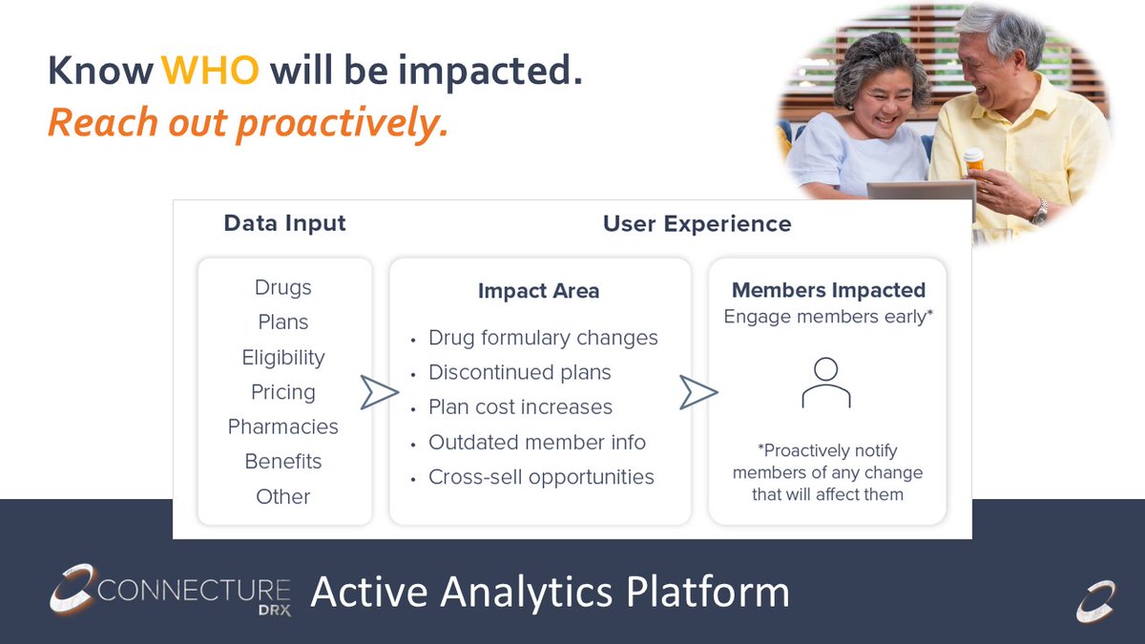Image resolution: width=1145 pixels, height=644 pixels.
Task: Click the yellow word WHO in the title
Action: click(210, 70)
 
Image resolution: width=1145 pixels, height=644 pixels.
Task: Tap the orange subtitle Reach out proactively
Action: click(248, 123)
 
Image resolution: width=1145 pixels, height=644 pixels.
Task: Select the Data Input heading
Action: click(284, 223)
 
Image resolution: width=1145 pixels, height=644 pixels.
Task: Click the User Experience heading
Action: click(697, 224)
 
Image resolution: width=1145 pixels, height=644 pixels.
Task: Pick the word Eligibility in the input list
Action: click(283, 358)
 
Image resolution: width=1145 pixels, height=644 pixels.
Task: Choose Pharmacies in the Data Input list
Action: click(283, 426)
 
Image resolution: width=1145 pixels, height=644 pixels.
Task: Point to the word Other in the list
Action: click(283, 496)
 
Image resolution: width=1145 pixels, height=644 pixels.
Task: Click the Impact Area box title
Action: click(539, 291)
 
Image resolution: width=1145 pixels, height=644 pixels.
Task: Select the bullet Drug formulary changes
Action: click(543, 338)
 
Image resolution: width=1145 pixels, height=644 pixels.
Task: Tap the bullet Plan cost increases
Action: click(520, 407)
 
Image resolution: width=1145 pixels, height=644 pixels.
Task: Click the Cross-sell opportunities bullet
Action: click(541, 477)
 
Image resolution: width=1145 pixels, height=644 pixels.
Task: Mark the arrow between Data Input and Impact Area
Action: click(380, 392)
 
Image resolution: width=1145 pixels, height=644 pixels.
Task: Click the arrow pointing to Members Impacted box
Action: click(698, 392)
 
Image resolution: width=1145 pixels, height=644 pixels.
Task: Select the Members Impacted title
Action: click(828, 290)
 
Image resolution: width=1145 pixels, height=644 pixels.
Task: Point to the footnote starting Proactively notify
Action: click(827, 472)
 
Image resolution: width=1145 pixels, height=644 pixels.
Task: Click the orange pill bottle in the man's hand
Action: click(974, 159)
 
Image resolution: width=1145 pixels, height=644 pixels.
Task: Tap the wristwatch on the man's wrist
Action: click(1039, 211)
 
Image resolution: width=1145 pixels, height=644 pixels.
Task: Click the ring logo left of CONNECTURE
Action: click(73, 589)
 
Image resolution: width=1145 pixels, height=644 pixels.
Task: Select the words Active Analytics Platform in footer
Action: click(550, 592)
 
